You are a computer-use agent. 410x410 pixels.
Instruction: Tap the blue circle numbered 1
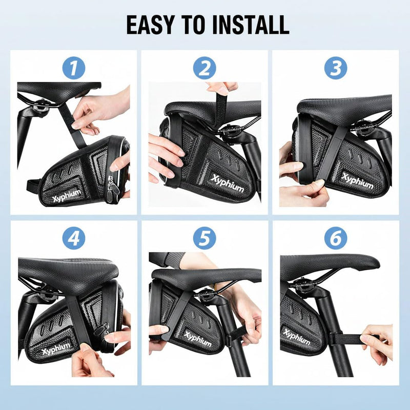[x=74, y=67]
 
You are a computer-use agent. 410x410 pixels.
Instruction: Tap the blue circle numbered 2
[x=204, y=67]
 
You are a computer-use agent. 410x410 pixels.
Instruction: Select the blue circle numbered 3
[x=335, y=67]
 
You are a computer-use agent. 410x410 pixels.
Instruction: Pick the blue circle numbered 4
[x=74, y=238]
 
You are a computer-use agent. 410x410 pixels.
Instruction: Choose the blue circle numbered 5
[x=204, y=238]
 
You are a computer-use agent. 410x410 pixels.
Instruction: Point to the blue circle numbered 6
[x=335, y=238]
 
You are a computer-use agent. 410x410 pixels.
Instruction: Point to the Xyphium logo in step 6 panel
[x=297, y=337]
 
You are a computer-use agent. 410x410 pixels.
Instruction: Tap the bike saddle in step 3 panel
[x=343, y=105]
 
